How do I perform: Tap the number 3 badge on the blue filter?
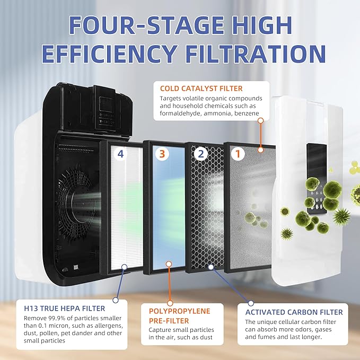(x=162, y=154)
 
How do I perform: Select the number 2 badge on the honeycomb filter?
(x=200, y=154)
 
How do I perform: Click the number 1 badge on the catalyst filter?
(x=239, y=154)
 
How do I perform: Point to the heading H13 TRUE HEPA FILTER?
(x=63, y=309)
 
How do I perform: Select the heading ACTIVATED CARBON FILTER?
(x=294, y=312)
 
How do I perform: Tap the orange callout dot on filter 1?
(x=260, y=121)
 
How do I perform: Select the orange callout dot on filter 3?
(x=169, y=264)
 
